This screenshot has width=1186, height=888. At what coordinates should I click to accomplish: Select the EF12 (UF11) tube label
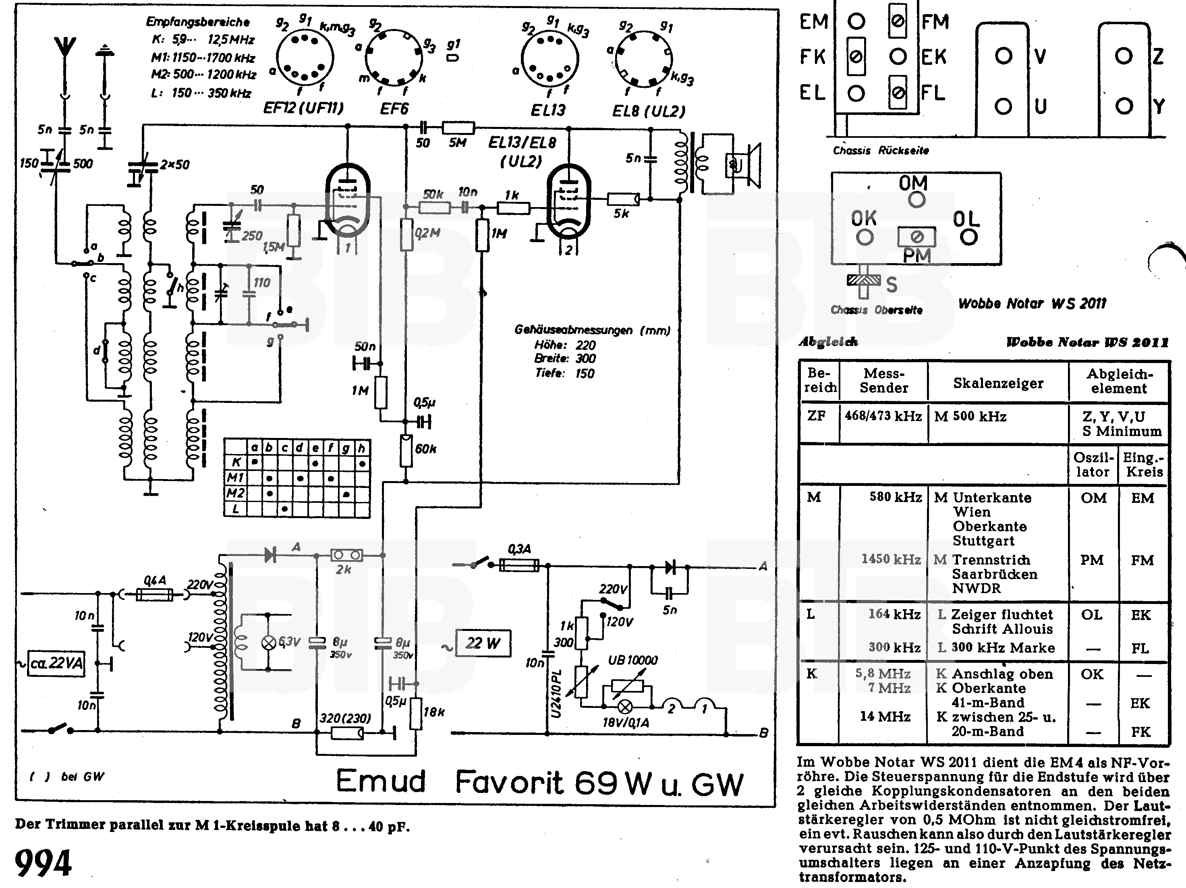(303, 108)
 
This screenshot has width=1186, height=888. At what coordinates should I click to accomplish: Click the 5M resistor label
(457, 143)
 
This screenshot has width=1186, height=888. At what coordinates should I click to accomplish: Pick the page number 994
(43, 863)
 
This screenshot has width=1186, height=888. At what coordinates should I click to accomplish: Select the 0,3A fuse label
(519, 549)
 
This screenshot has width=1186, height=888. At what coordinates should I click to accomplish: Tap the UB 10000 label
(632, 660)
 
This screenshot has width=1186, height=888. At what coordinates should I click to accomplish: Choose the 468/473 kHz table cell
(883, 416)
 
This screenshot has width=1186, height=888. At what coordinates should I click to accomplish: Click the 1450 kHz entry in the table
(891, 559)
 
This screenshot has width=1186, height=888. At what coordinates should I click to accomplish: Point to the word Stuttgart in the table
(983, 541)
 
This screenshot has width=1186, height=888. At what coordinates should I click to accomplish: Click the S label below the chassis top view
(891, 285)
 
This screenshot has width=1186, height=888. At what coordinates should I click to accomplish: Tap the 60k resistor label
(426, 449)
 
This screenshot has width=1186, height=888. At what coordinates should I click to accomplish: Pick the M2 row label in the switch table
(235, 493)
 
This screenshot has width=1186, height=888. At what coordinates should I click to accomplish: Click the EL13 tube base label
(548, 110)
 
